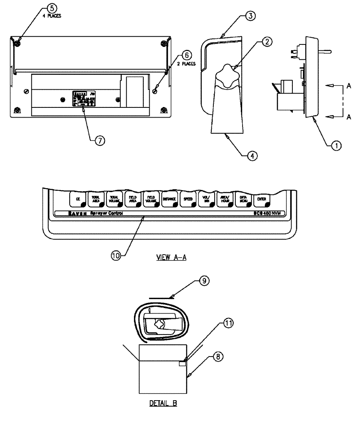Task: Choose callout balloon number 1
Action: pos(336,146)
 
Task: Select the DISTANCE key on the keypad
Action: pos(169,199)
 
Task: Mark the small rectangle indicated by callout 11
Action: pos(182,363)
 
